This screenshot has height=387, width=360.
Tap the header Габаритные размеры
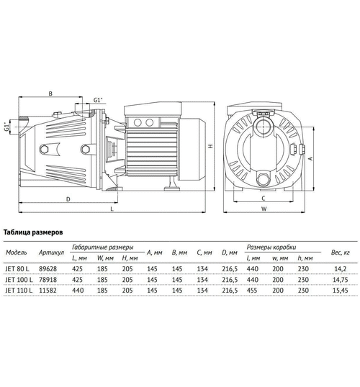(x=107, y=247)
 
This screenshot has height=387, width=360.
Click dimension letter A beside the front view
(x=310, y=156)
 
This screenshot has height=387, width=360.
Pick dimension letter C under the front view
(x=264, y=197)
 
